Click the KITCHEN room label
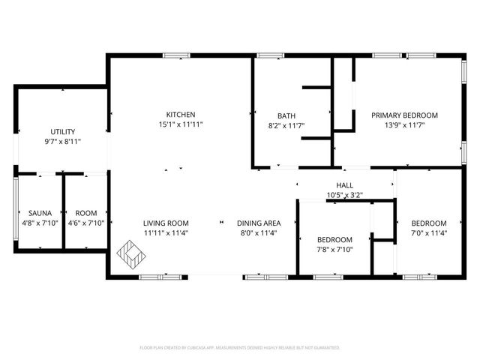[x=181, y=115]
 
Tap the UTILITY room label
[x=62, y=131]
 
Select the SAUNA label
[x=30, y=213]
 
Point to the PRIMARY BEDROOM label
[x=404, y=115]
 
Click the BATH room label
[x=286, y=115]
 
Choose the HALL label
[x=344, y=185]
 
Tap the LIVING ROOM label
[x=166, y=223]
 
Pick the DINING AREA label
[x=259, y=223]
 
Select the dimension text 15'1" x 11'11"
[x=181, y=124]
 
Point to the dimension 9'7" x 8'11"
[x=62, y=141]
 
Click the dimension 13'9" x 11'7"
[x=404, y=125]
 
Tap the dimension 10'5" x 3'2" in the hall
[x=344, y=195]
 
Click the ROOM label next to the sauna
[x=85, y=213]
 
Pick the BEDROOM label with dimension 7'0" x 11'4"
[x=428, y=223]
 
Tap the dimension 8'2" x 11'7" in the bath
[x=286, y=125]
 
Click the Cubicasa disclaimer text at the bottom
[x=240, y=348]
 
